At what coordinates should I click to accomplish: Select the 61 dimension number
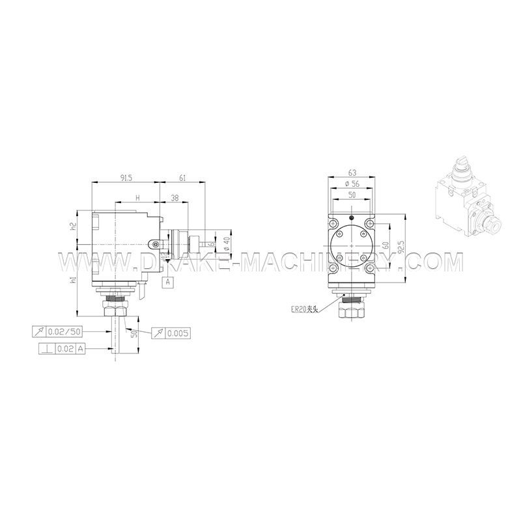tap(183, 177)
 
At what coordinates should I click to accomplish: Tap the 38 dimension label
tap(175, 197)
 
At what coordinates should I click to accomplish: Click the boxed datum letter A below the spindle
tap(168, 282)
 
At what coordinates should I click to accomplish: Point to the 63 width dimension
tap(352, 172)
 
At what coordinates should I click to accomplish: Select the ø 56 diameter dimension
tap(352, 184)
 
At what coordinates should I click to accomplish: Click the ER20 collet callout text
tap(303, 310)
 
